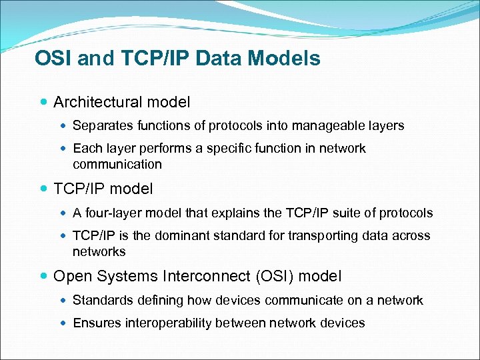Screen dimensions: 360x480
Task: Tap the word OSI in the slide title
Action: click(x=54, y=59)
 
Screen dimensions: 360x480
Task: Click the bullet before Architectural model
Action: click(x=43, y=103)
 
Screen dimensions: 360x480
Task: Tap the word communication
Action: click(x=117, y=164)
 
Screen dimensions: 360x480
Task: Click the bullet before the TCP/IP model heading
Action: click(x=43, y=189)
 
